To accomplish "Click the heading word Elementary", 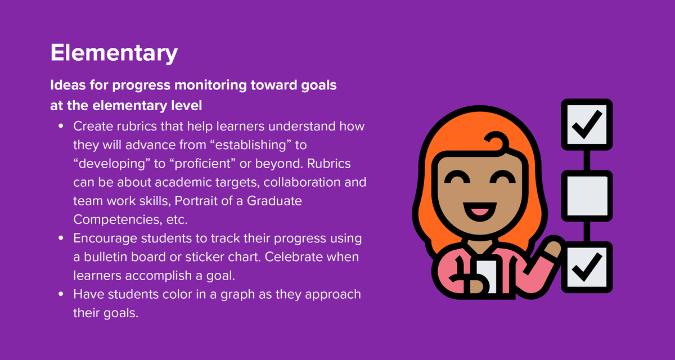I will tap(114, 53).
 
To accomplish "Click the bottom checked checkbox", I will tap(587, 267).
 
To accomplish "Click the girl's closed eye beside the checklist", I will tap(502, 179).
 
